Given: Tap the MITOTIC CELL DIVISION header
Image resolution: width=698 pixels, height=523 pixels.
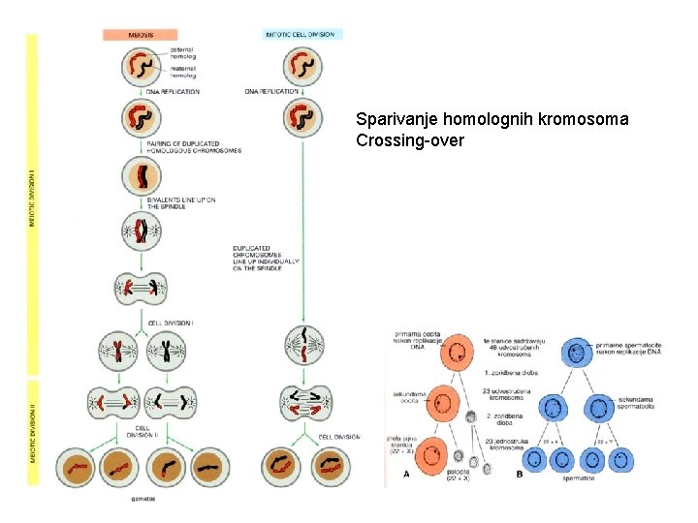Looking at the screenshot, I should [x=300, y=34].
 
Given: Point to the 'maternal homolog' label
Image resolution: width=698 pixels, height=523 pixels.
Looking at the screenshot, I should [x=182, y=72].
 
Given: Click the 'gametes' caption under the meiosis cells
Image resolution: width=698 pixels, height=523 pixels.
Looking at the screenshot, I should [x=143, y=499].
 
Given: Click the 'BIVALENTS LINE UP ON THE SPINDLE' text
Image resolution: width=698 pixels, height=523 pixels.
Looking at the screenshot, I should [x=181, y=202].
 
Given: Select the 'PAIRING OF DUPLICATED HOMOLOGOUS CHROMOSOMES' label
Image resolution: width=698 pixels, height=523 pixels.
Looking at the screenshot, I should [x=194, y=147].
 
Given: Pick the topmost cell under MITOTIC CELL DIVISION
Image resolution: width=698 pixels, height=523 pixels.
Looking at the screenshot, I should [x=302, y=66].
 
